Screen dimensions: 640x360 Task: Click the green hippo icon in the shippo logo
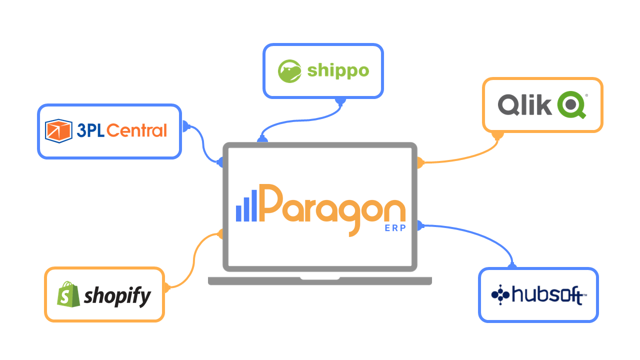tap(290, 70)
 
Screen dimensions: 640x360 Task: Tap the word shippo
tap(338, 70)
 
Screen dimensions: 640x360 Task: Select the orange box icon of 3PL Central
tap(59, 130)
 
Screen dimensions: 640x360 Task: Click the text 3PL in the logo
tap(90, 131)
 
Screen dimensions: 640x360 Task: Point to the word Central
tap(136, 131)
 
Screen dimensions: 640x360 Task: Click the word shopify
tap(117, 296)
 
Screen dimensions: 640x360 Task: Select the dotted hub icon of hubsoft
tap(499, 294)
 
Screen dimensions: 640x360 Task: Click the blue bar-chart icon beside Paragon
tap(246, 205)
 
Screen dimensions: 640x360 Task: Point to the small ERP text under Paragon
tap(395, 228)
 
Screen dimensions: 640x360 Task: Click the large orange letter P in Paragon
tap(270, 204)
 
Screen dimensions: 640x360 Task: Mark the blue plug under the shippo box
tap(340, 101)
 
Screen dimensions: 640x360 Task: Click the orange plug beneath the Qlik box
tap(497, 135)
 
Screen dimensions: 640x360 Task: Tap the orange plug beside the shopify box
tap(167, 287)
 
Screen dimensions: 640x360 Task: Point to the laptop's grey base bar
tap(320, 280)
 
